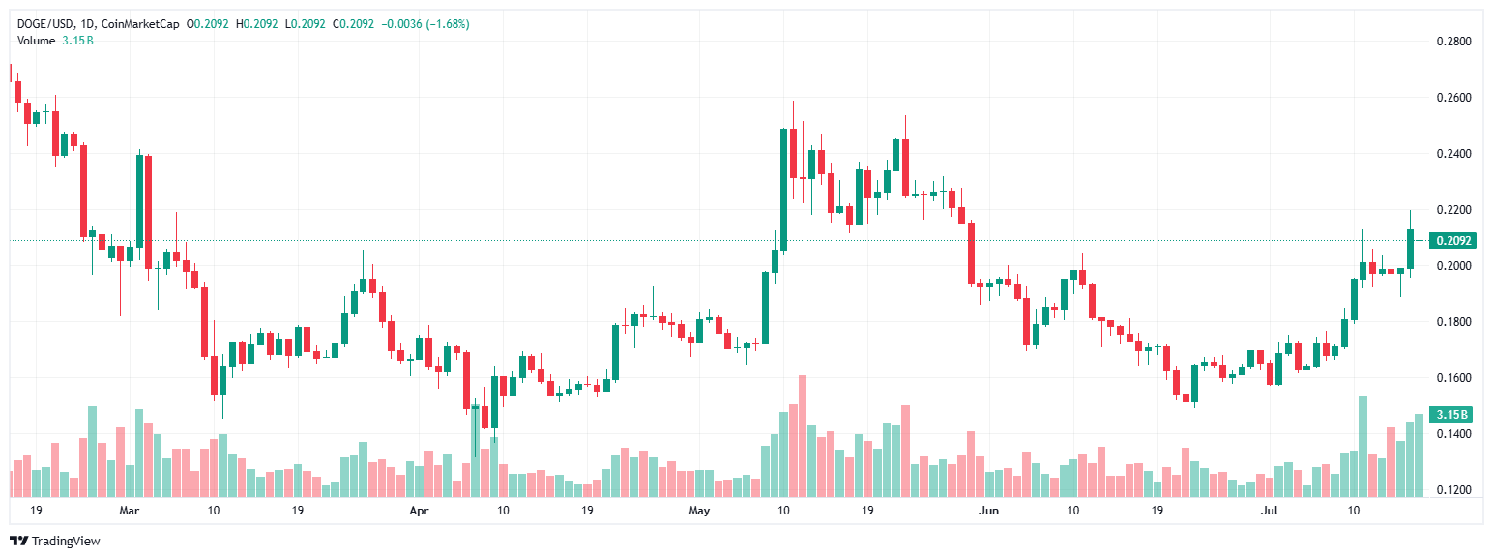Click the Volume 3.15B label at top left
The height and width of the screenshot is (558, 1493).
point(54,40)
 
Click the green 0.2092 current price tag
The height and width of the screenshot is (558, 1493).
point(1451,240)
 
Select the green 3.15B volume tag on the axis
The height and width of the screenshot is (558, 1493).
point(1451,415)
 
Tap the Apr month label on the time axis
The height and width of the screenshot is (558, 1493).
point(419,509)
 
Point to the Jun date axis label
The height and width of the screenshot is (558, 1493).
point(988,509)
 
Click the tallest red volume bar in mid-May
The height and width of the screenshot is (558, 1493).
point(802,436)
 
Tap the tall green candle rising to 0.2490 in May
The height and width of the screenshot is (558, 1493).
point(783,190)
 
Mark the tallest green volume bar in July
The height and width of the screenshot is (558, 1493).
point(1362,446)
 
